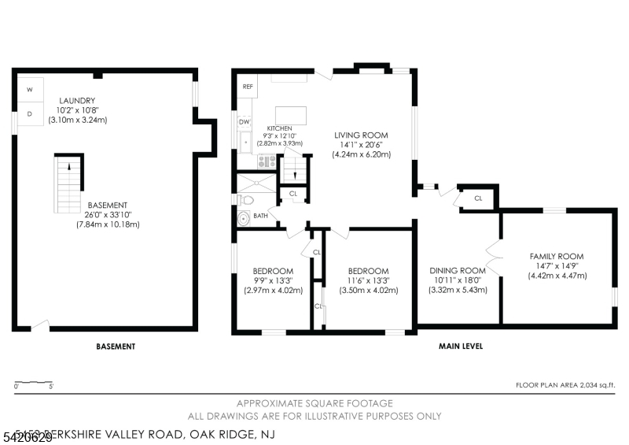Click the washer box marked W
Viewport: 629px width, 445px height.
[x=30, y=90]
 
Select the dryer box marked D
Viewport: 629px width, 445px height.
[x=30, y=113]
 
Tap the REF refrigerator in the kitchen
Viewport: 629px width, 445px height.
[x=247, y=87]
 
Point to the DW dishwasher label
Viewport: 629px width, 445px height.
[x=245, y=122]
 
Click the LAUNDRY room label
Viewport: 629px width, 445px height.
[x=77, y=101]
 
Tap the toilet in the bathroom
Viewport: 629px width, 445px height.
[x=244, y=217]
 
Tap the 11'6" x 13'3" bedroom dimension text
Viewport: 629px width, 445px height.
[x=369, y=280]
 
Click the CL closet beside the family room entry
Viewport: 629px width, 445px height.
[x=477, y=198]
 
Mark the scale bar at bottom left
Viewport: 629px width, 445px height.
[x=33, y=383]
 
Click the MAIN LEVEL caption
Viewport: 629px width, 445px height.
[x=460, y=346]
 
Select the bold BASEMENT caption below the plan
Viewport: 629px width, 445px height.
[x=116, y=346]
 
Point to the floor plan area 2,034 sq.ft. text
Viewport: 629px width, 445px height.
[x=565, y=386]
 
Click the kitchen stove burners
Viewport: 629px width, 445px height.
[x=267, y=161]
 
